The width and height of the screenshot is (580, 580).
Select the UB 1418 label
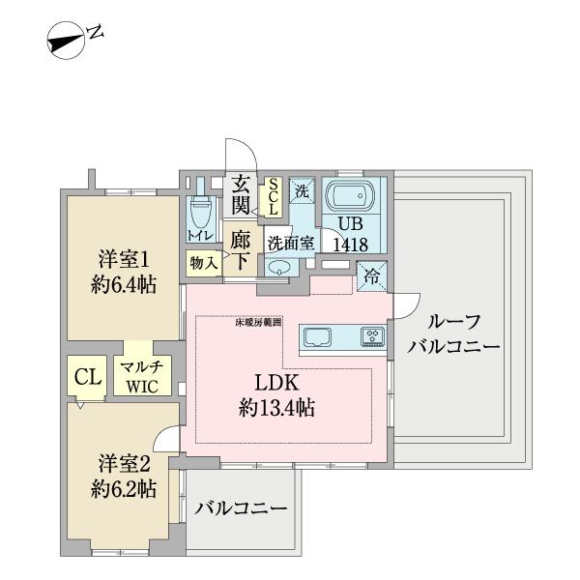350,236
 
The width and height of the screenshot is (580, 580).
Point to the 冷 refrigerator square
372,275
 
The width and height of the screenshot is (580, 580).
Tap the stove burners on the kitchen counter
372,337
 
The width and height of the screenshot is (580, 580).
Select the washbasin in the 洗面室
280,269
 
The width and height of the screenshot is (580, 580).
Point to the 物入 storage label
202,262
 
